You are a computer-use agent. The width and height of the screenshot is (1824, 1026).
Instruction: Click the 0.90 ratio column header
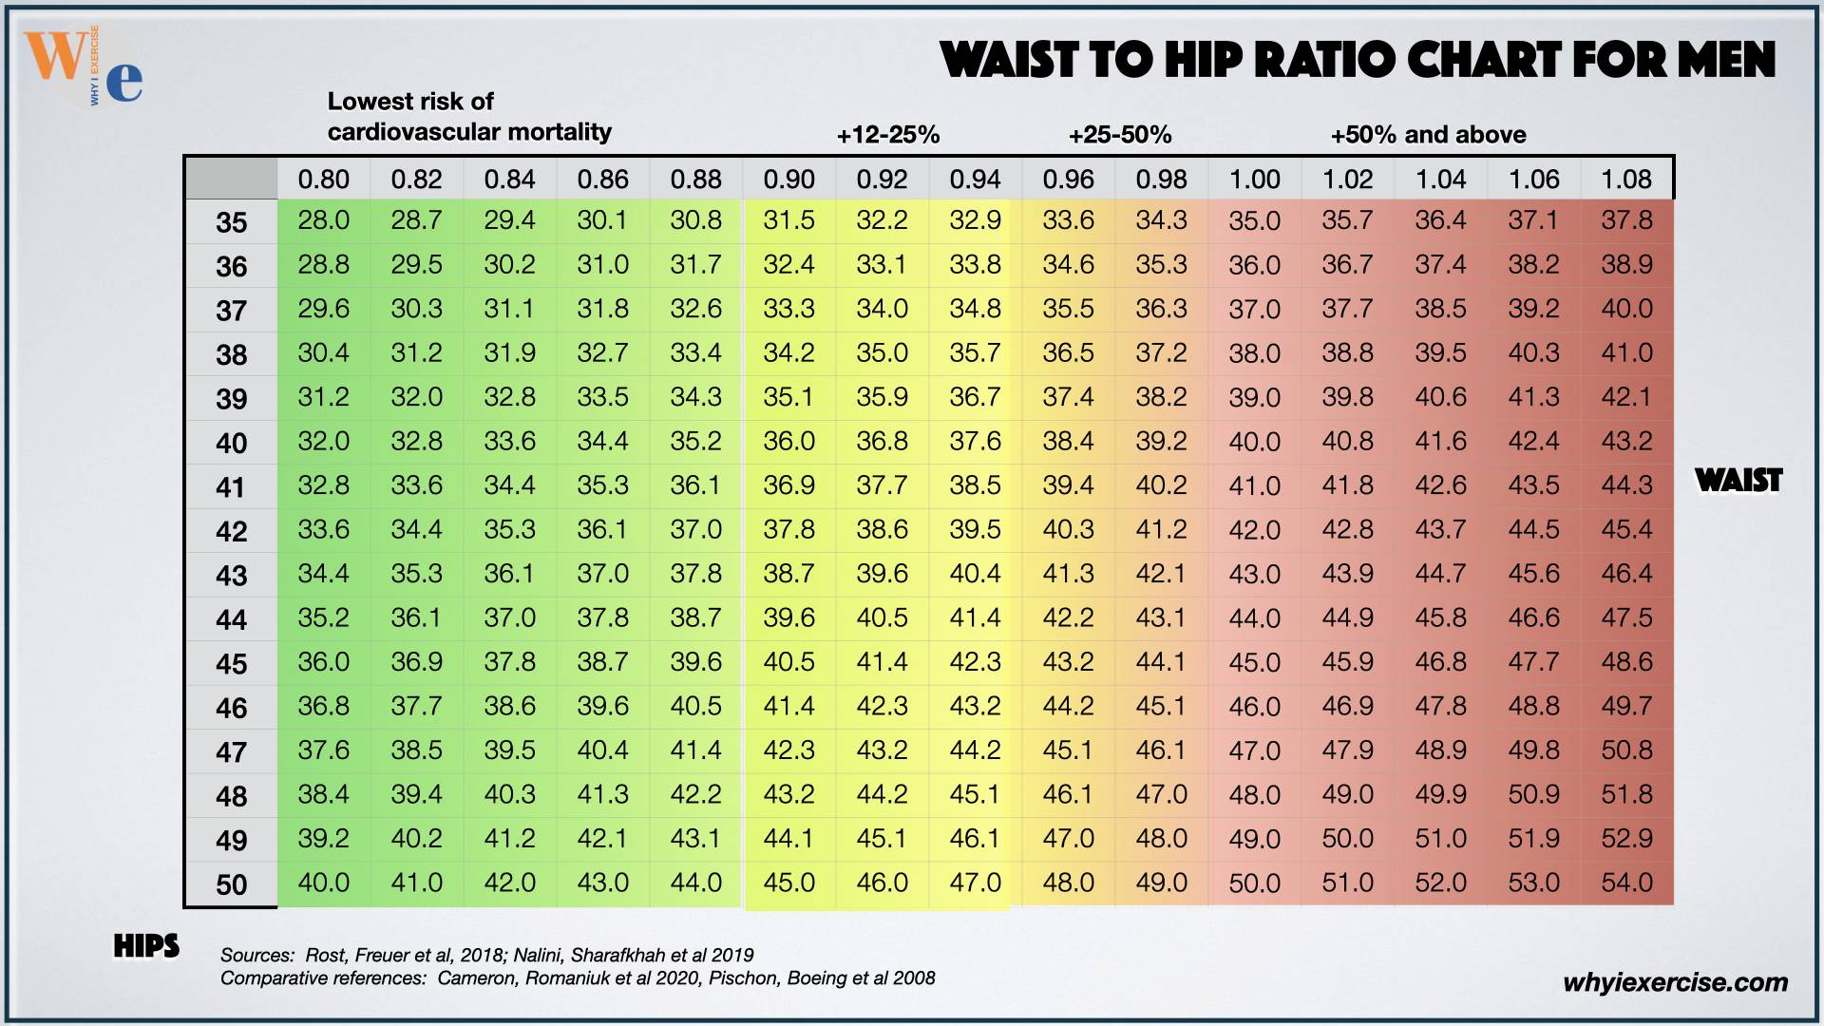788,179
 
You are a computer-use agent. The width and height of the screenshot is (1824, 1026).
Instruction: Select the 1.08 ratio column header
1626,179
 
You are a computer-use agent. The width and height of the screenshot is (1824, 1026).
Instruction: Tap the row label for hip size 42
231,531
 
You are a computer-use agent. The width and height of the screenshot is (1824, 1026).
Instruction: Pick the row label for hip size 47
231,752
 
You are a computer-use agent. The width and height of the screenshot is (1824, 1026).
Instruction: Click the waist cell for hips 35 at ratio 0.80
323,220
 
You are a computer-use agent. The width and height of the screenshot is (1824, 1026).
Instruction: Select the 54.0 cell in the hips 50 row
1626,883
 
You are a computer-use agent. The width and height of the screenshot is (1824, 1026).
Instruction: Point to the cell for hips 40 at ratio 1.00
1254,442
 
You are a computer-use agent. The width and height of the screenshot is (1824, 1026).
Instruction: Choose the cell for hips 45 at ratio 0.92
882,661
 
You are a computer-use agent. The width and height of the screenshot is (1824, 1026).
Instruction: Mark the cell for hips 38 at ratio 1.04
1440,352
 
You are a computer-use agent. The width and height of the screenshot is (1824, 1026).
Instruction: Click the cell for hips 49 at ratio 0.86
602,838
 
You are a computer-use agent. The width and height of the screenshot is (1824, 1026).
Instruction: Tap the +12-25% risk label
887,135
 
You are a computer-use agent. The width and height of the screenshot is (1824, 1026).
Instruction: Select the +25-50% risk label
1120,135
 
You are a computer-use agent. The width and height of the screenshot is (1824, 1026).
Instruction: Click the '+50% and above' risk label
1428,135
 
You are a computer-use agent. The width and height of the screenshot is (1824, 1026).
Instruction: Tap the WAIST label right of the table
1738,481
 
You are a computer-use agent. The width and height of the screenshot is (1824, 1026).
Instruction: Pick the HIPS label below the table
146,946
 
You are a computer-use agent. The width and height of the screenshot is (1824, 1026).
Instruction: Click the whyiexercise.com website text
1675,982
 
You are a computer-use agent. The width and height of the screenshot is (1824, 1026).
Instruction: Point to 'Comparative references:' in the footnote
323,978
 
